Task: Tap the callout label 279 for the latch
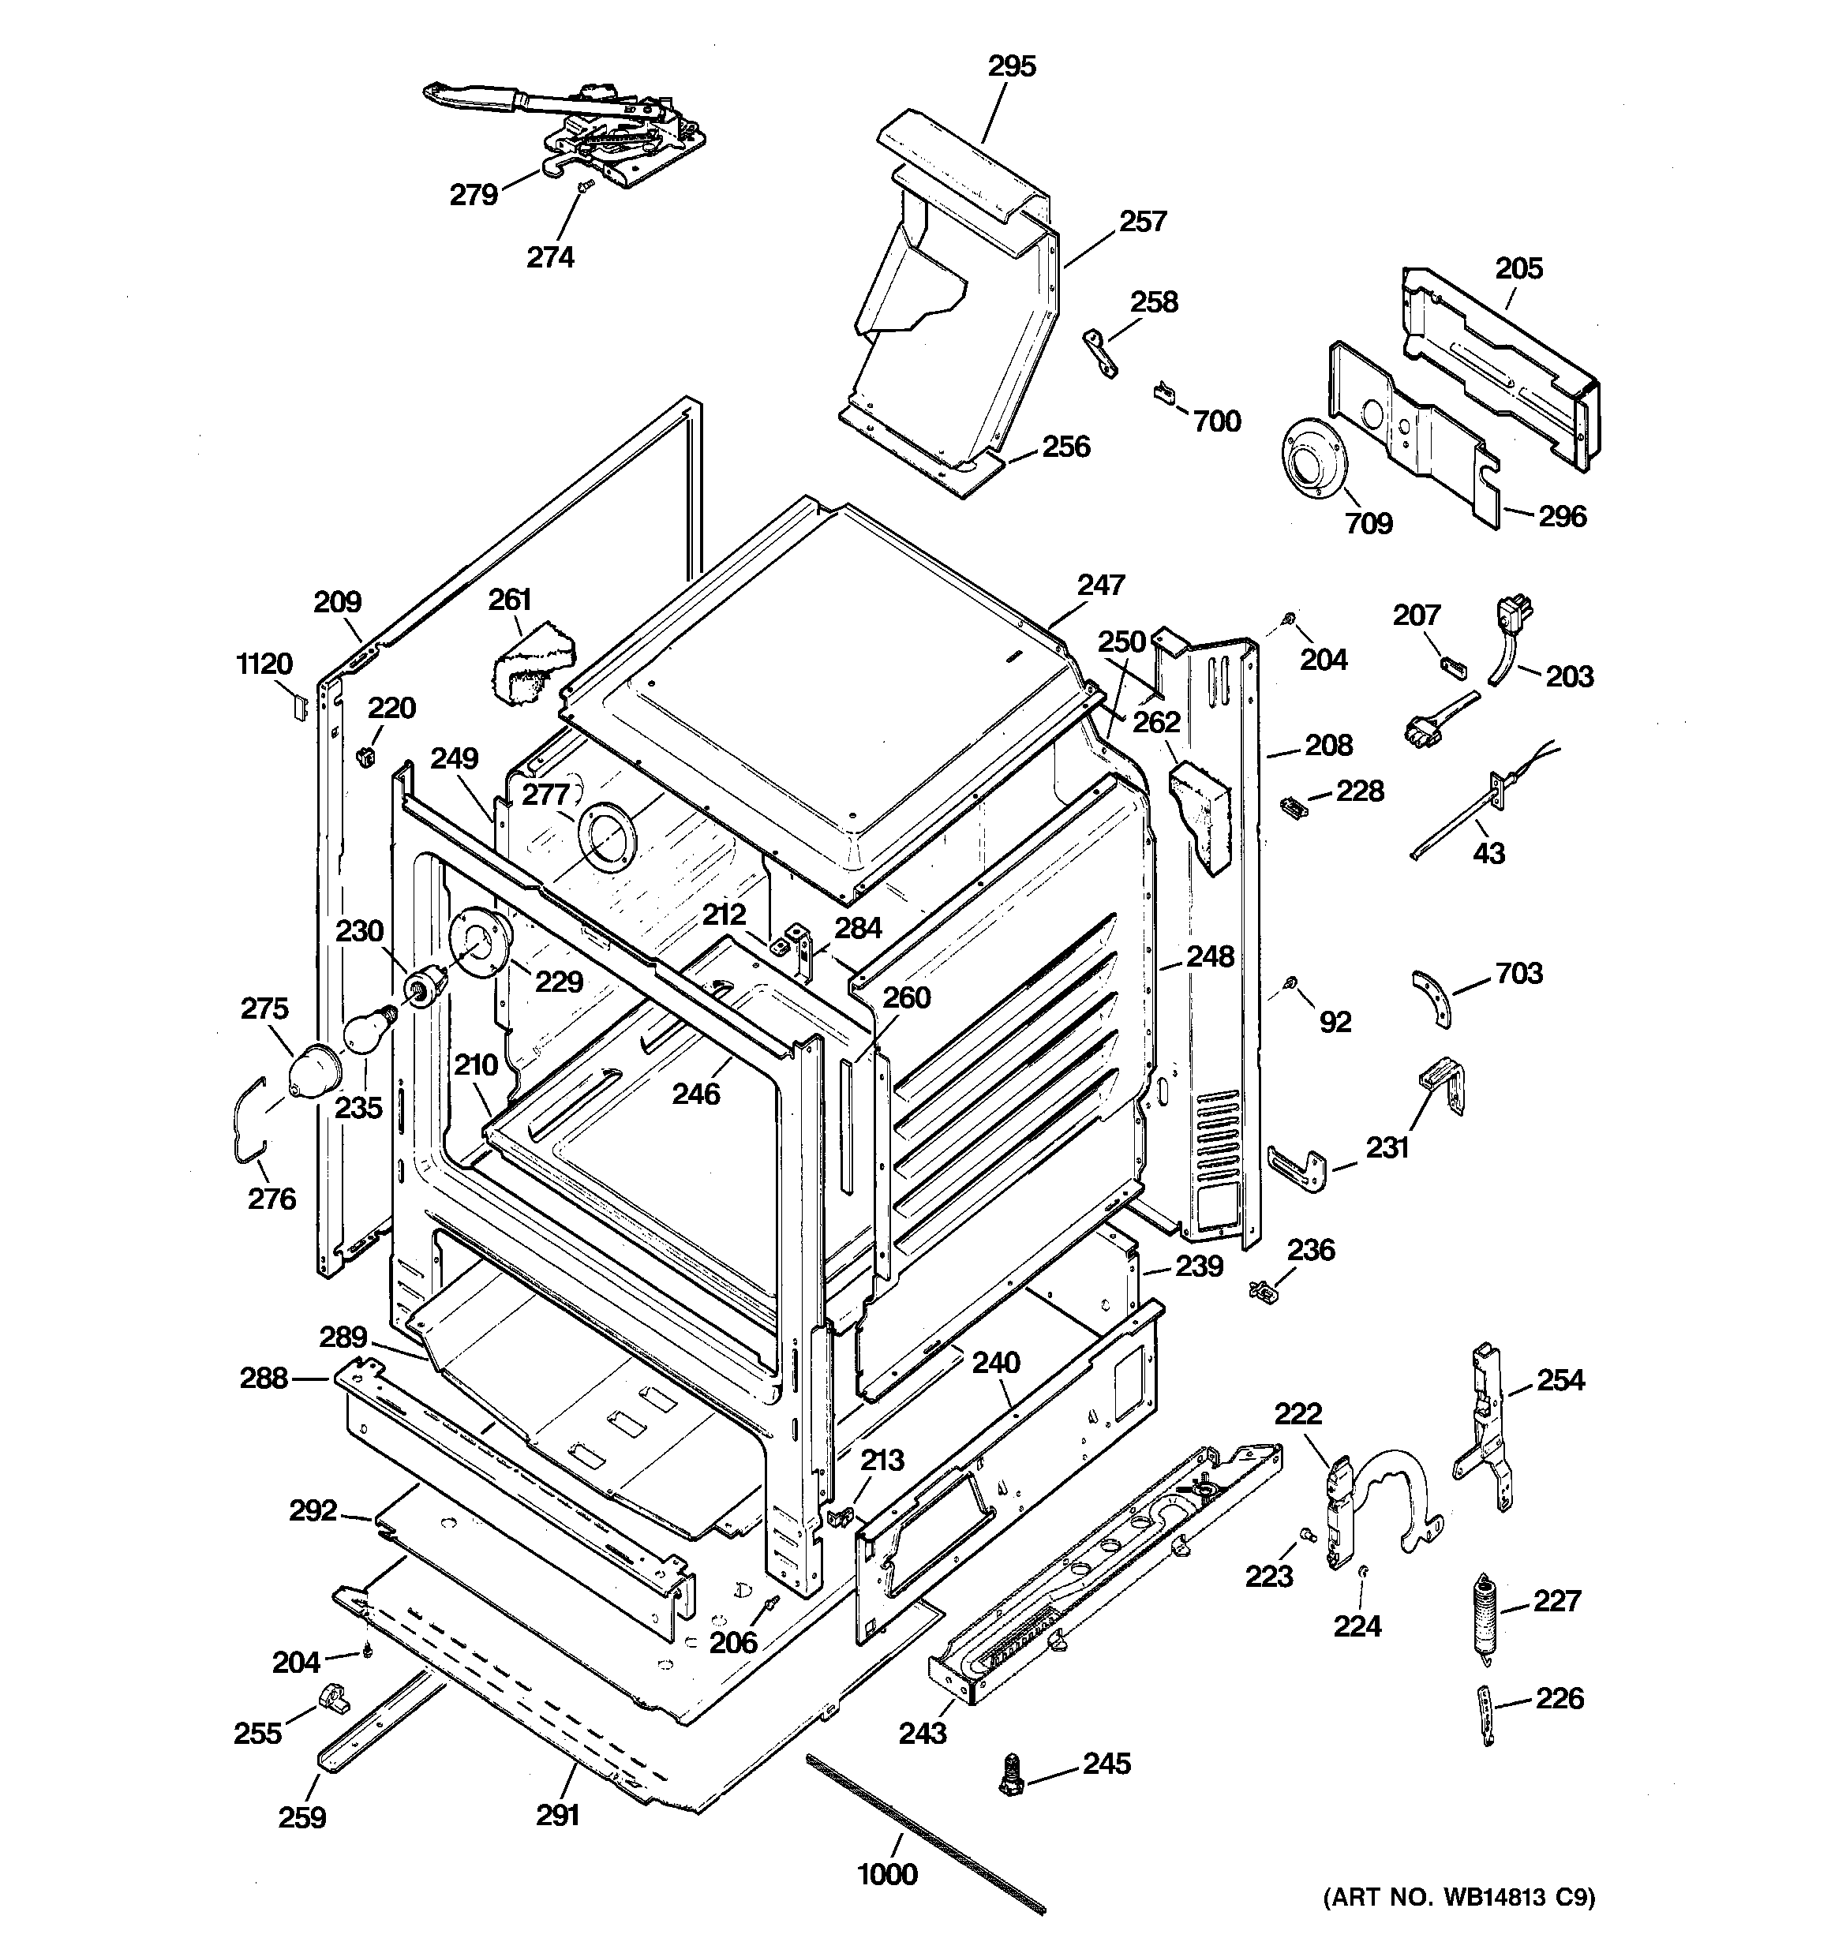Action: (x=474, y=196)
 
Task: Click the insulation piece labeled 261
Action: (x=530, y=663)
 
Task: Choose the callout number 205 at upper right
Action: (x=1518, y=268)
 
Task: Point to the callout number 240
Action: (x=995, y=1364)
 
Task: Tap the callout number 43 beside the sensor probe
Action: (x=1488, y=854)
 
